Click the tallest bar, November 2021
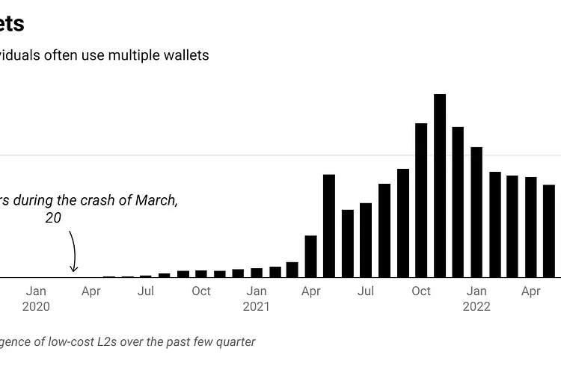click(440, 186)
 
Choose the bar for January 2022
click(476, 212)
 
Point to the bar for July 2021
click(366, 240)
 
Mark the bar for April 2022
click(531, 227)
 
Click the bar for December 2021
click(458, 202)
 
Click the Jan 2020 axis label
click(36, 298)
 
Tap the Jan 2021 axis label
click(256, 298)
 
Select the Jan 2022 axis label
click(476, 298)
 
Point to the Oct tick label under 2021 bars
click(421, 291)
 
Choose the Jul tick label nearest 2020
click(146, 291)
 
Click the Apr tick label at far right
click(531, 291)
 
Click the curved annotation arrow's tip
click(73, 271)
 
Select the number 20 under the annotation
click(52, 217)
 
